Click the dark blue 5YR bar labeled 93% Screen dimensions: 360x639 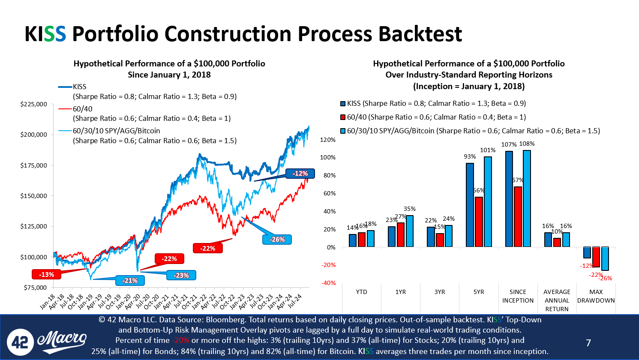[x=470, y=205]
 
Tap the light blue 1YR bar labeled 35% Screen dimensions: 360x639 [x=410, y=231]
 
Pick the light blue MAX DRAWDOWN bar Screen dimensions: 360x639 [x=605, y=258]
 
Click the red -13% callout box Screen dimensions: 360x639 [x=46, y=274]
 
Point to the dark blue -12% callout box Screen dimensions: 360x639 [x=300, y=174]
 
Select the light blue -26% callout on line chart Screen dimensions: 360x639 [x=277, y=240]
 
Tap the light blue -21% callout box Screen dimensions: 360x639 [x=130, y=281]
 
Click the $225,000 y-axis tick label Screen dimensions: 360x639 [x=33, y=104]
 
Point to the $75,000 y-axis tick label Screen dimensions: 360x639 [x=35, y=288]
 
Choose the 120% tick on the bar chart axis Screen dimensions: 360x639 [x=328, y=140]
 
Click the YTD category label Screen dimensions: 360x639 [x=361, y=292]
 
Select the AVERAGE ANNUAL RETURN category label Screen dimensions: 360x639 [x=557, y=300]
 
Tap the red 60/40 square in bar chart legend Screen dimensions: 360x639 [x=343, y=117]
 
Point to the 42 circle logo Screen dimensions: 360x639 [x=20, y=342]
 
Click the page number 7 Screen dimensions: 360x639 [x=588, y=343]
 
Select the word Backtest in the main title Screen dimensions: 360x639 [x=420, y=34]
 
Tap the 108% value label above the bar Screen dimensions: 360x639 [x=527, y=144]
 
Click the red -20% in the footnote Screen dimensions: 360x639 [x=181, y=340]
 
